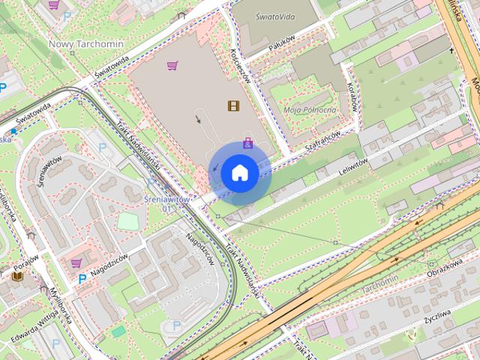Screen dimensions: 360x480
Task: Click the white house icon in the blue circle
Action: (x=239, y=172)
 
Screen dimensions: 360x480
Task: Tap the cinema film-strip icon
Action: (x=233, y=106)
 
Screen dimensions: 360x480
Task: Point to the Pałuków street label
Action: (x=261, y=45)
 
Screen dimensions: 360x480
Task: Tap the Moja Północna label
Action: (x=310, y=109)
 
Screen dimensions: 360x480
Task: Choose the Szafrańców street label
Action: (x=323, y=142)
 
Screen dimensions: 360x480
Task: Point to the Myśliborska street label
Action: (x=58, y=306)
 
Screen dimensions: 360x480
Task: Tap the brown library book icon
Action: (x=18, y=276)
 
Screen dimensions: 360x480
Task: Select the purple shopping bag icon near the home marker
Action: (x=247, y=142)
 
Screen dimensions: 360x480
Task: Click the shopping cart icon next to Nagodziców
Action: (x=76, y=263)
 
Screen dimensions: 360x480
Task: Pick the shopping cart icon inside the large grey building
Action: (x=173, y=66)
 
